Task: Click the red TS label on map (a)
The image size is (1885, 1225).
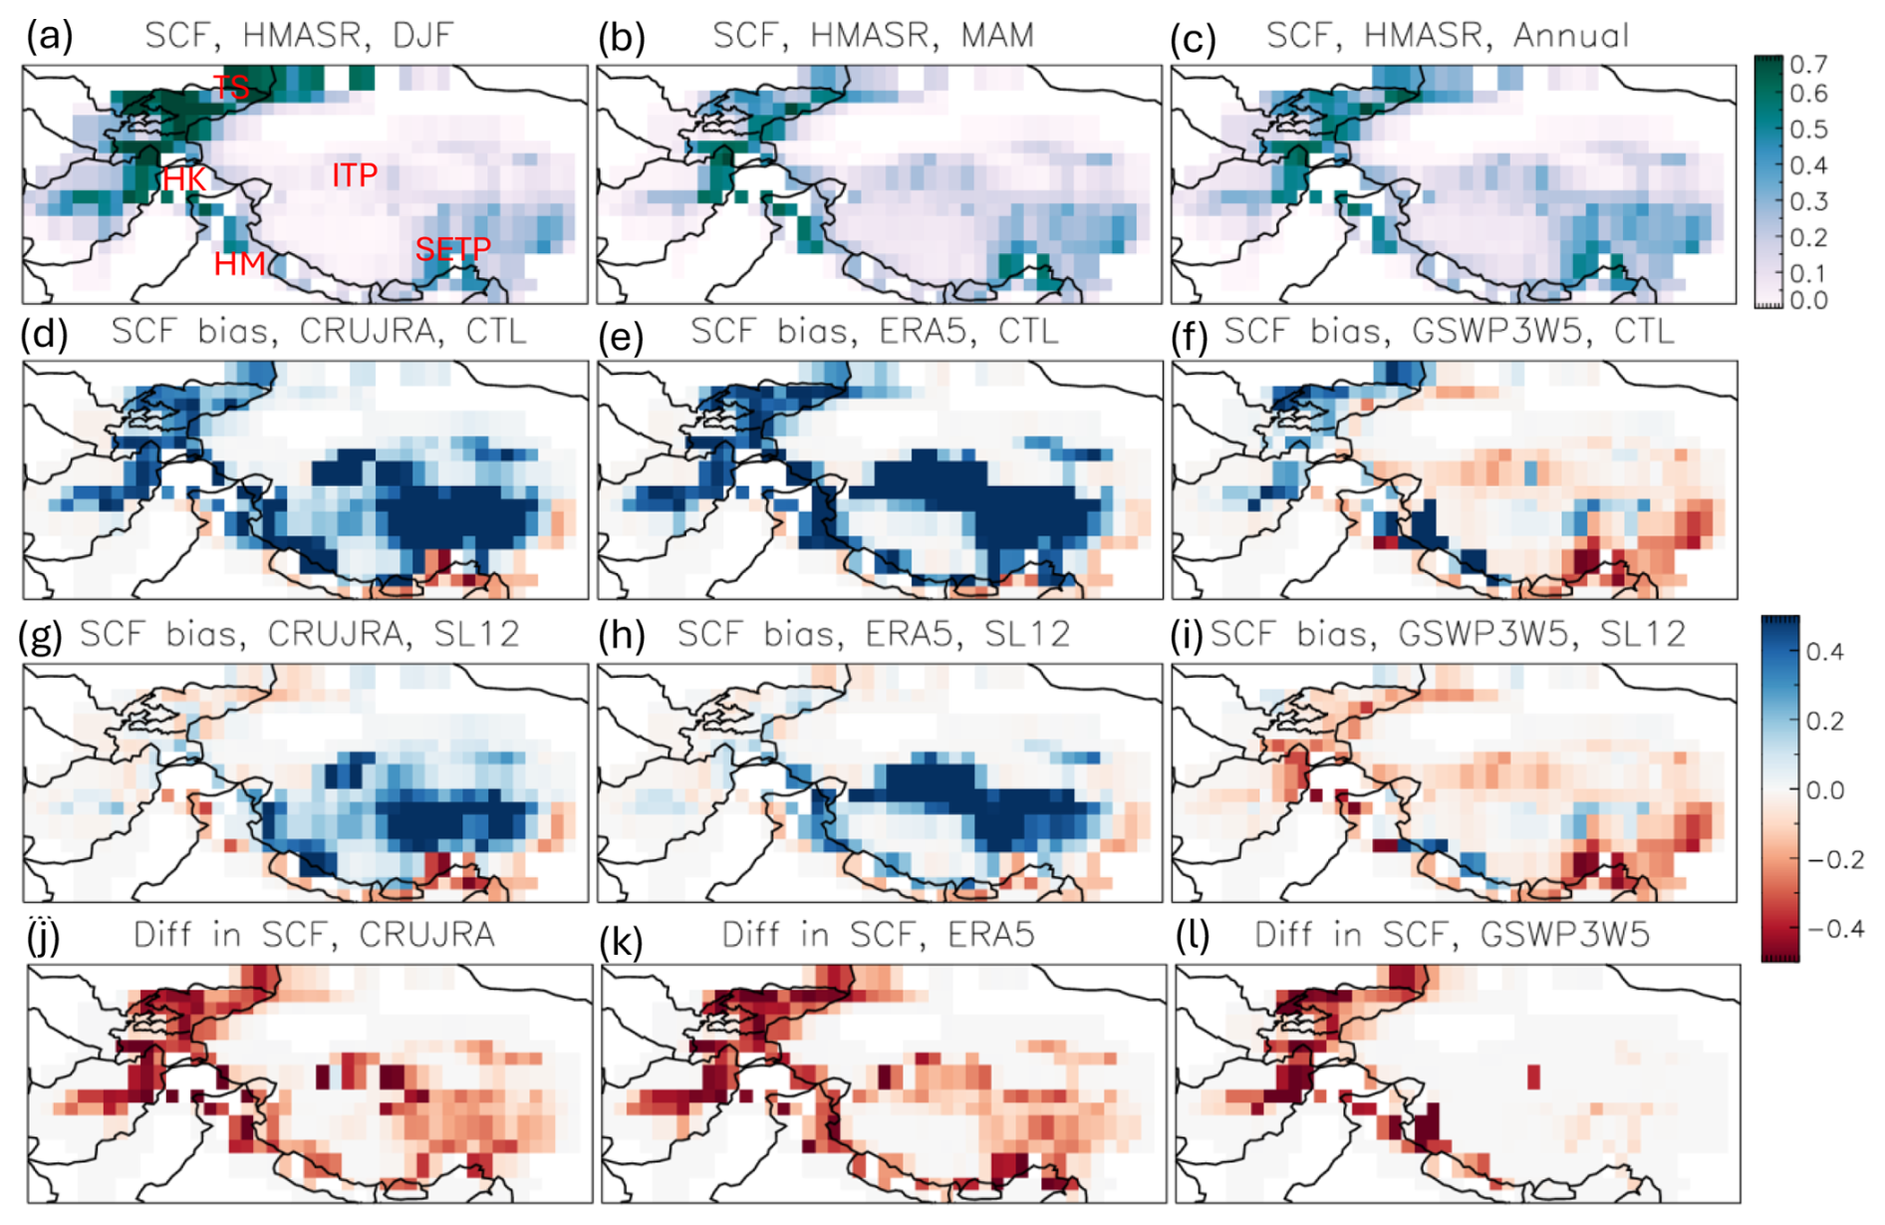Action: pyautogui.click(x=231, y=88)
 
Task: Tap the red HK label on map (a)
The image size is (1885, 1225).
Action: pyautogui.click(x=184, y=179)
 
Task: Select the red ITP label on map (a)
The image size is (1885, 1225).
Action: pyautogui.click(x=355, y=175)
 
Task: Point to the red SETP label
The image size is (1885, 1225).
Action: pyautogui.click(x=453, y=248)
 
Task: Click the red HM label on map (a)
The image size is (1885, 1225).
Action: pyautogui.click(x=240, y=264)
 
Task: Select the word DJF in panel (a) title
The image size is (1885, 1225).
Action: pyautogui.click(x=422, y=36)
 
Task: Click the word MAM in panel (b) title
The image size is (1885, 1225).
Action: pyautogui.click(x=997, y=36)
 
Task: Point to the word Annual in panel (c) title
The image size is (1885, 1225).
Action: pyautogui.click(x=1571, y=36)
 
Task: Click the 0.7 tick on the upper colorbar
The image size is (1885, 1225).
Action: pyautogui.click(x=1808, y=65)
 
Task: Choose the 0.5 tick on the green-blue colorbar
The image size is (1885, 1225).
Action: pyautogui.click(x=1808, y=130)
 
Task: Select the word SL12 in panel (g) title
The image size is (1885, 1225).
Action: pyautogui.click(x=477, y=634)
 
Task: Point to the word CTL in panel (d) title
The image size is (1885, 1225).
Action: pyautogui.click(x=496, y=331)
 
